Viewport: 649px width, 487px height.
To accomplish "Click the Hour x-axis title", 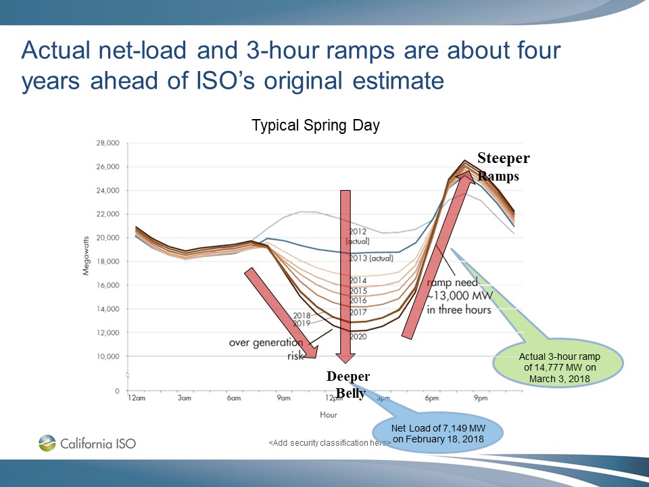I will [x=328, y=414].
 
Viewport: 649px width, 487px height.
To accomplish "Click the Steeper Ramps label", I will [x=503, y=166].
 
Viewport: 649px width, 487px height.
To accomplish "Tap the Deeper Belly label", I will [x=347, y=385].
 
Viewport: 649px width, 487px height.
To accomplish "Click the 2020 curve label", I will [x=358, y=336].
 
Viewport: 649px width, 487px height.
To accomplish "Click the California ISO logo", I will [x=87, y=444].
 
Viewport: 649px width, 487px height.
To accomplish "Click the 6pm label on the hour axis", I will [x=431, y=398].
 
